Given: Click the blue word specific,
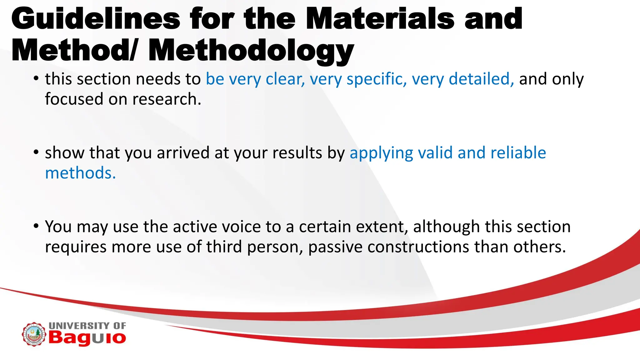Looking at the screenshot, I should tap(377, 79).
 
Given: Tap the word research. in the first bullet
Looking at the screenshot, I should tap(167, 99).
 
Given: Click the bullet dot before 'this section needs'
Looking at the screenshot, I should tap(36, 78).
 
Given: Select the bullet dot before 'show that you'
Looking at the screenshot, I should tap(36, 152).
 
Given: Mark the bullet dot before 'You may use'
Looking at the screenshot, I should tap(36, 226).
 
